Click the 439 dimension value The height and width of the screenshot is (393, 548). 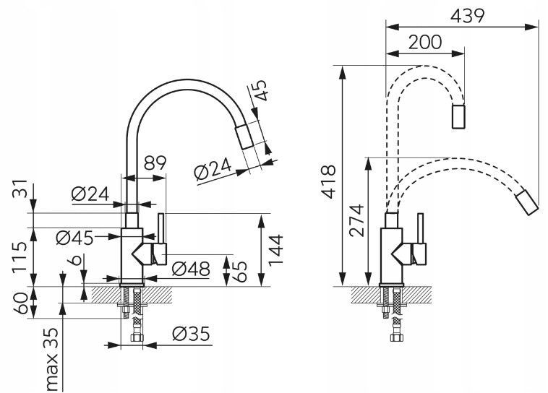coord(467,16)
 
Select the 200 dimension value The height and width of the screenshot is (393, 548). coord(425,43)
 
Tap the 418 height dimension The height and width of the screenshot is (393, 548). coord(328,181)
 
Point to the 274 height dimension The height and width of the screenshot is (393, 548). coord(356,220)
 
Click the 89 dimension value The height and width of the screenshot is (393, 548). coord(155,163)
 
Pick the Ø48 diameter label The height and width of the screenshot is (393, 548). coord(191,269)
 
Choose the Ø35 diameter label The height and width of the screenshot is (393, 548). coord(191,334)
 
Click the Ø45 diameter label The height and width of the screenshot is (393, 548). coord(74,238)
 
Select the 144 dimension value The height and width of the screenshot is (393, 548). coord(275,250)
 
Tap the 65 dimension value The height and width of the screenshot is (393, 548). coord(239,272)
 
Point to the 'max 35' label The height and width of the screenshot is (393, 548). coord(52,359)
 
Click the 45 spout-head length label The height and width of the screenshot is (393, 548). coord(260,90)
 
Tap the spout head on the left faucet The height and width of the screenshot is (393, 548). coord(244,137)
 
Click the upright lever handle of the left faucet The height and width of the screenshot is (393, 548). coord(161,228)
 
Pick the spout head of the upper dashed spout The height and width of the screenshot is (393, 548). coord(458,116)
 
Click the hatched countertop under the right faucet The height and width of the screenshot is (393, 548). coord(390,295)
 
